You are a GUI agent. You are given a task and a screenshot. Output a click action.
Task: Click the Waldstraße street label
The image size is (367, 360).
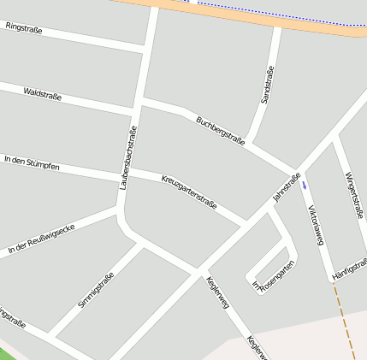coord(43,94)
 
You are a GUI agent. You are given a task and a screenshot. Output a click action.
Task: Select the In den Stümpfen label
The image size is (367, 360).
coord(32,162)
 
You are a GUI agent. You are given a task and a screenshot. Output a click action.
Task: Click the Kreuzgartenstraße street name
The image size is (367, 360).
coord(189,192)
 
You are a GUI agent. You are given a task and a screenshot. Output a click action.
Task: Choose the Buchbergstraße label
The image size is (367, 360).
coord(221,131)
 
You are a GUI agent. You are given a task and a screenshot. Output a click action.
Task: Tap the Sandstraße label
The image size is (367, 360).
coord(267,85)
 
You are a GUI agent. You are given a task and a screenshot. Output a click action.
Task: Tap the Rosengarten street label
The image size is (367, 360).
coord(277,276)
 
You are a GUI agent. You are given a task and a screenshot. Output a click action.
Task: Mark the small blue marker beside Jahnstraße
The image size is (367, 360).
coord(304,184)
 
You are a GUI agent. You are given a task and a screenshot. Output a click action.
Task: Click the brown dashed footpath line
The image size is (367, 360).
coord(344,321)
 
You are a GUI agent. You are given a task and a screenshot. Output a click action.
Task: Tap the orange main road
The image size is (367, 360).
coord(257,15)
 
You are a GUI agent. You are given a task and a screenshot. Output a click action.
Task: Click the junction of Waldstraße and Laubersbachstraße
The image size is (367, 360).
coord(133,110)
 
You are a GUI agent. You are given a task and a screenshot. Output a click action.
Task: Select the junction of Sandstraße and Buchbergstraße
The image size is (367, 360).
coord(258,136)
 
